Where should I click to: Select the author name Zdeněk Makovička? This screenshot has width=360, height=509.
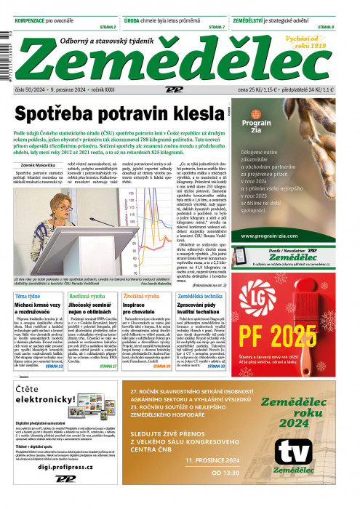37,164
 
